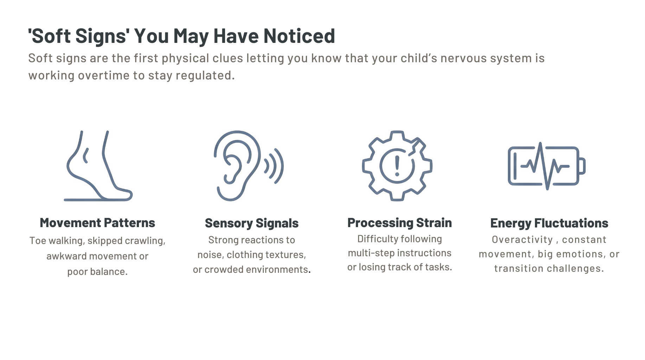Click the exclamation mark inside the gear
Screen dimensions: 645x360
click(397, 166)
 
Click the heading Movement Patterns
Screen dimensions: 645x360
click(97, 223)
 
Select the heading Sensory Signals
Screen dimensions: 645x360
click(252, 223)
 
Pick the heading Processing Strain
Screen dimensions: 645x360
click(400, 223)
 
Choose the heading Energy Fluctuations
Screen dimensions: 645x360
click(549, 223)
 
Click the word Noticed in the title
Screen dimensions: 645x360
click(299, 36)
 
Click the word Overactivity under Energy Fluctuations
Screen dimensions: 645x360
click(522, 240)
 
